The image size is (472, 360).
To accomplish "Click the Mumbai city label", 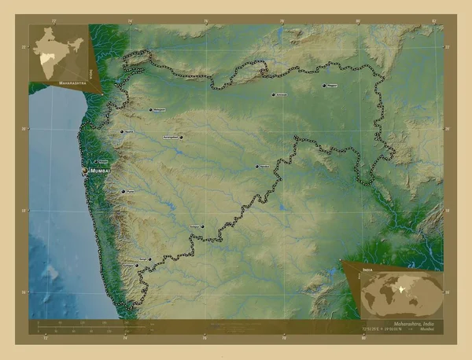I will [x=101, y=170].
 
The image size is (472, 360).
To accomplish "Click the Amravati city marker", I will [x=274, y=95].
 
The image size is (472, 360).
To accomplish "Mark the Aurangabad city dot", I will [x=182, y=137].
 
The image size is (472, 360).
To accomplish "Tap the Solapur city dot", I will [x=203, y=227].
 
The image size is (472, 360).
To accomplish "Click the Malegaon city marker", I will [x=151, y=110].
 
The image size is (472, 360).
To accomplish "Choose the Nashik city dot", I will [x=120, y=132].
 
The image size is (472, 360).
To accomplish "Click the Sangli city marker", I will [x=149, y=259].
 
